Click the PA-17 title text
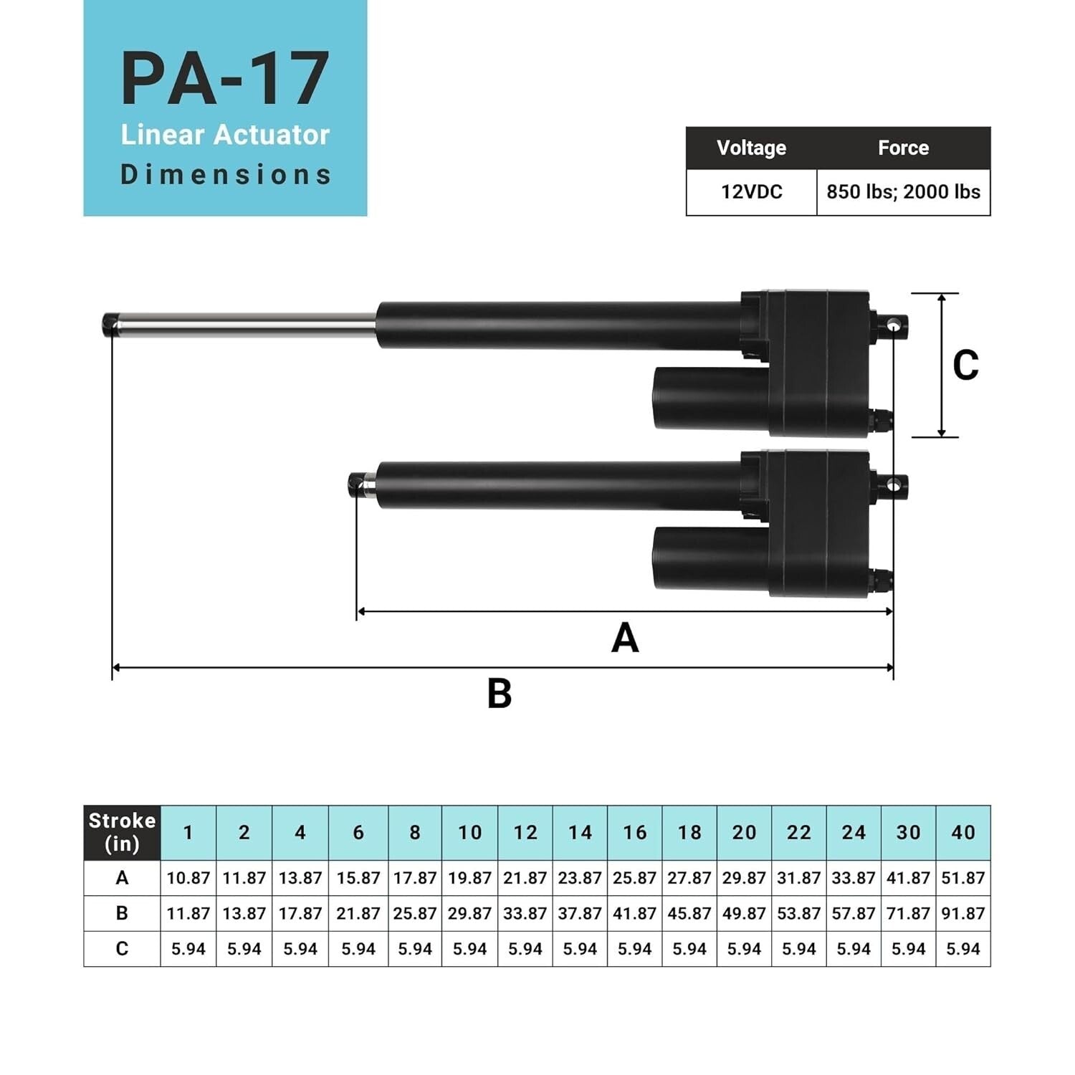tap(225, 79)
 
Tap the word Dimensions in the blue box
tap(225, 175)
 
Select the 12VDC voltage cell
tap(751, 192)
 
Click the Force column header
tap(903, 148)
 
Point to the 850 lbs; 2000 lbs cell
tap(903, 192)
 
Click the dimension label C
tap(965, 365)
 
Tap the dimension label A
tap(625, 637)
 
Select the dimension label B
tap(500, 693)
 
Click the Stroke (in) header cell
tap(122, 832)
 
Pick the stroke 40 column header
tap(962, 832)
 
